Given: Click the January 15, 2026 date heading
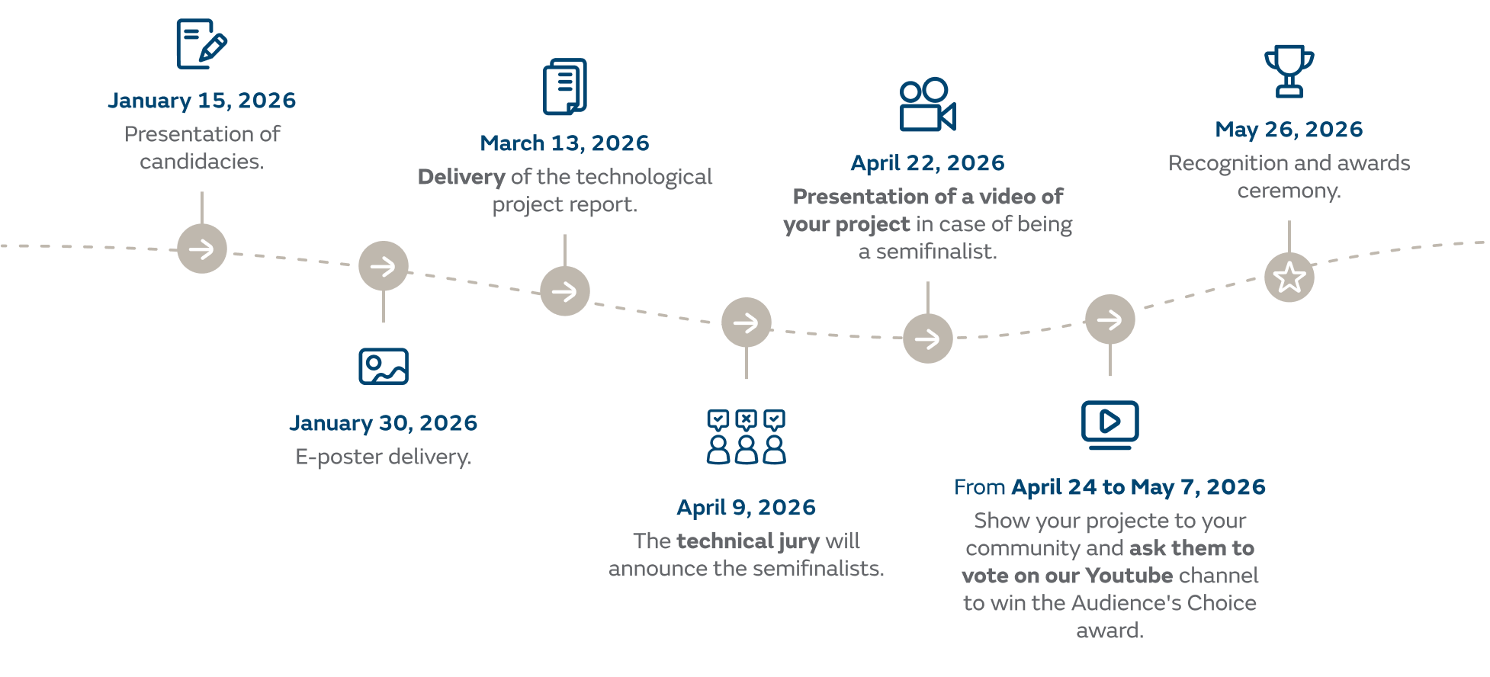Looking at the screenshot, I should pyautogui.click(x=201, y=101).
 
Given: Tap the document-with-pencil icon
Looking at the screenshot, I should pyautogui.click(x=201, y=44).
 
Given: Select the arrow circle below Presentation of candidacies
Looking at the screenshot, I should pyautogui.click(x=202, y=249).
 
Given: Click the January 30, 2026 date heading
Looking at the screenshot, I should pyautogui.click(x=383, y=423).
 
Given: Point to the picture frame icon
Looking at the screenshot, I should pyautogui.click(x=383, y=366).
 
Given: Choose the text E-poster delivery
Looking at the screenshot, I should pyautogui.click(x=383, y=457).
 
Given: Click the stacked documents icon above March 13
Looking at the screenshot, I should pyautogui.click(x=564, y=87).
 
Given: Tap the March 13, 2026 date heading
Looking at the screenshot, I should pyautogui.click(x=564, y=143).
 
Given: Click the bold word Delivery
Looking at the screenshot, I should pyautogui.click(x=461, y=178).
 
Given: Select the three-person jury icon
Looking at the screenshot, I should pyautogui.click(x=746, y=437).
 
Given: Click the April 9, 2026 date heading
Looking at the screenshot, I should pyautogui.click(x=746, y=508).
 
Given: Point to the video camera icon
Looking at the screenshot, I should pyautogui.click(x=927, y=105).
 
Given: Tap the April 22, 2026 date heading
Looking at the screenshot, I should pyautogui.click(x=927, y=163).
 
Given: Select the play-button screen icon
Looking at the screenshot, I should pyautogui.click(x=1109, y=424).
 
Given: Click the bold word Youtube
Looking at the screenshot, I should pyautogui.click(x=1129, y=576).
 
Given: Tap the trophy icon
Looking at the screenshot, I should pyautogui.click(x=1289, y=72).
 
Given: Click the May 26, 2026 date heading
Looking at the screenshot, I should pyautogui.click(x=1289, y=130).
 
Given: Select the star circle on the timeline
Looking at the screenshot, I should pyautogui.click(x=1289, y=278).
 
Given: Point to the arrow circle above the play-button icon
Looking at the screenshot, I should pyautogui.click(x=1109, y=319).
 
